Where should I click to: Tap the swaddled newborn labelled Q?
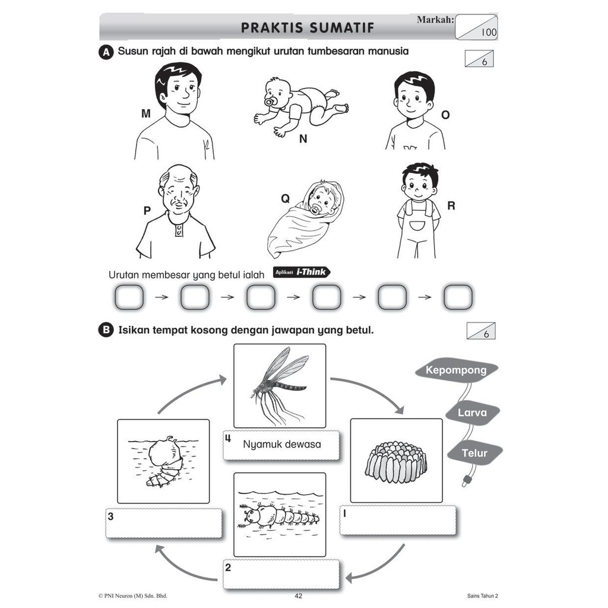305,219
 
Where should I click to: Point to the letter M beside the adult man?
146,113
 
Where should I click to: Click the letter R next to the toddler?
451,206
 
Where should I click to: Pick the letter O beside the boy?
445,115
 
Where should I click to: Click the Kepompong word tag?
456,370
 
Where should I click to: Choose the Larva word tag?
472,413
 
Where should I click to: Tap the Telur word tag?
474,453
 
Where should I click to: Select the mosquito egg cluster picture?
396,461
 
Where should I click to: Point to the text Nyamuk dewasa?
282,444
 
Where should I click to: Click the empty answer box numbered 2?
281,575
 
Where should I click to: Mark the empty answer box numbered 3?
164,524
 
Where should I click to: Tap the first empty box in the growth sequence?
129,297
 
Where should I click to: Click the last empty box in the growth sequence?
458,297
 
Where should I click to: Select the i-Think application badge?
302,272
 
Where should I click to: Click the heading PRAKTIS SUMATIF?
308,27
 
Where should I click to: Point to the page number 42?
298,596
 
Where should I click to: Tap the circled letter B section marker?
106,330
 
